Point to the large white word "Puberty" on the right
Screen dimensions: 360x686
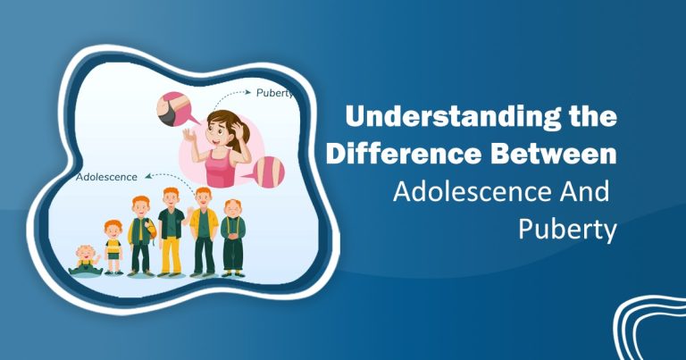coord(567,230)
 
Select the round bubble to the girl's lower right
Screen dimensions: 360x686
coord(272,172)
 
